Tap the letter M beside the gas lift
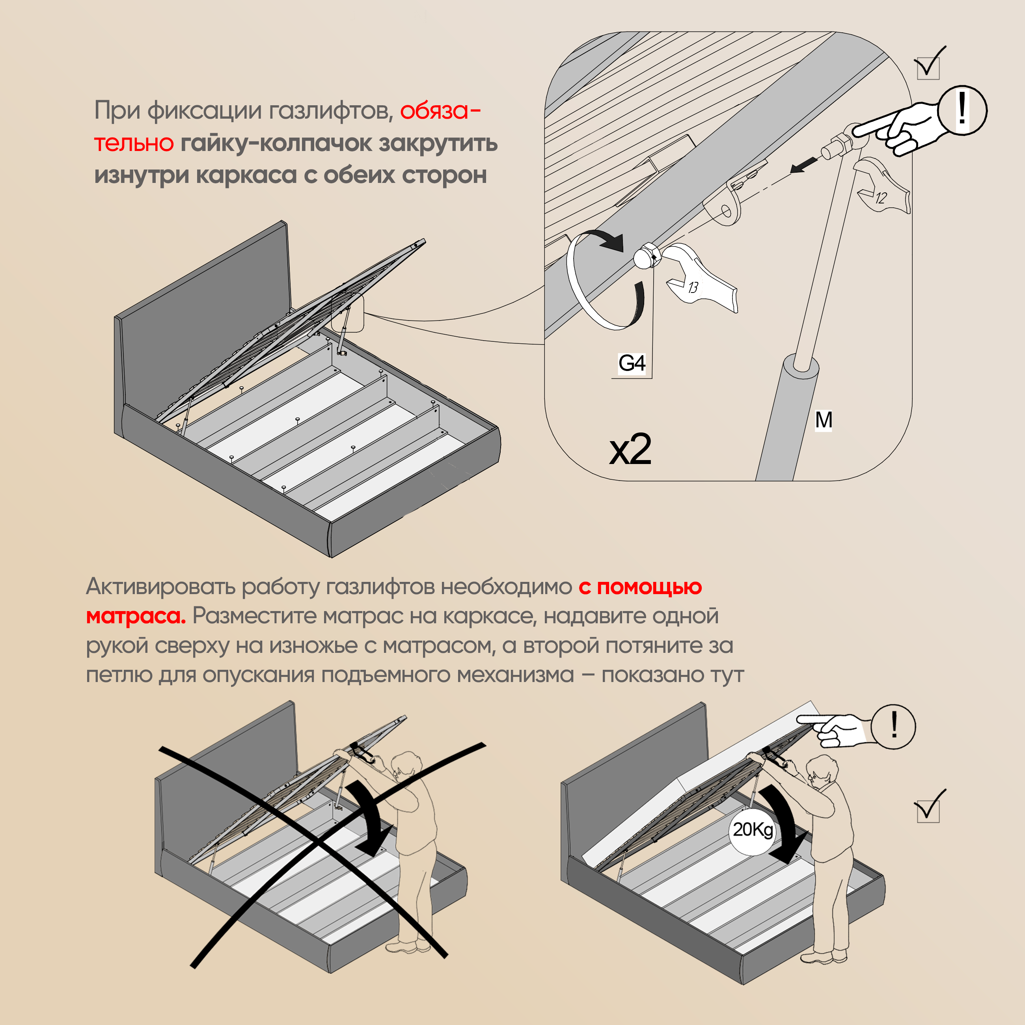tap(824, 420)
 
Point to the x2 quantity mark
tap(630, 449)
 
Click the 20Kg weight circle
tap(753, 829)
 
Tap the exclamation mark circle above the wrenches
tap(962, 110)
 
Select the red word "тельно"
tap(134, 143)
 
